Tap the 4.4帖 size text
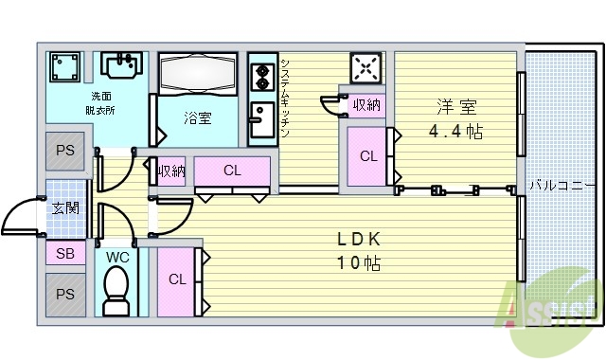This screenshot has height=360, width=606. pos(455,132)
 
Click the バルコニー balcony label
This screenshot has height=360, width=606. pos(562,184)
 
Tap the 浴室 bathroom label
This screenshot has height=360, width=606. pos(198,118)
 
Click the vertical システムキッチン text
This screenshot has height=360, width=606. pos(285,98)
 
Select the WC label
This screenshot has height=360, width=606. pos(117,257)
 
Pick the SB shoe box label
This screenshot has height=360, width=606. pos(65,254)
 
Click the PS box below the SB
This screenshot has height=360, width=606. pos(65,294)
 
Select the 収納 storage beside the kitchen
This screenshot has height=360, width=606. pos(365,105)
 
